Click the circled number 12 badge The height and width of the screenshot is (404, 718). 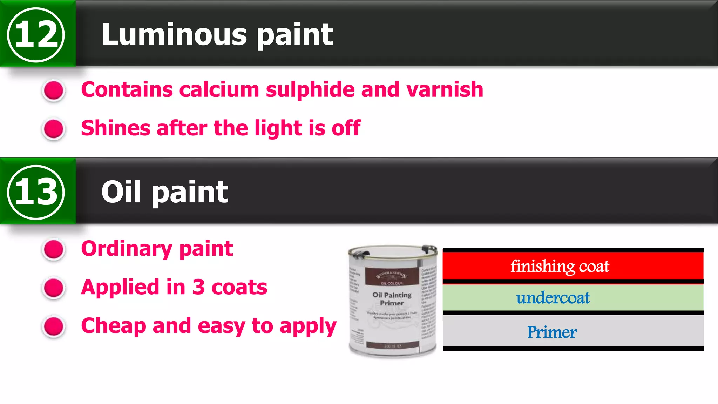[x=36, y=34]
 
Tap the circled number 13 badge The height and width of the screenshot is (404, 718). [x=36, y=192]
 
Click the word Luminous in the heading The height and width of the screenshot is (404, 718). [x=174, y=34]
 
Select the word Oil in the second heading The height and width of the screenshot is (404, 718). [x=121, y=192]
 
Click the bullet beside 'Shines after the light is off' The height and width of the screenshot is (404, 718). [x=54, y=129]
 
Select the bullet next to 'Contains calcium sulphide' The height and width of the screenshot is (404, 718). [x=54, y=90]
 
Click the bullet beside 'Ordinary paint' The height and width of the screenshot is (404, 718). [x=54, y=249]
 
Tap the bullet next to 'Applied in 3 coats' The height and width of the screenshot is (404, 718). [x=54, y=288]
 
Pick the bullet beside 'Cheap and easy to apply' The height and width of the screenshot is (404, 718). [x=54, y=326]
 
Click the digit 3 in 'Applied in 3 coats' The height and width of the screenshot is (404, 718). [x=198, y=287]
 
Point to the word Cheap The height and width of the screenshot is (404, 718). [x=113, y=326]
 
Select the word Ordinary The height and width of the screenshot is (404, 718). [x=127, y=249]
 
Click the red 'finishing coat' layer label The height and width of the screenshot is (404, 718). [x=560, y=266]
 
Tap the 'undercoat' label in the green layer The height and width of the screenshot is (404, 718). [x=553, y=298]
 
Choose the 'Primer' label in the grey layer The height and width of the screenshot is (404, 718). [x=552, y=332]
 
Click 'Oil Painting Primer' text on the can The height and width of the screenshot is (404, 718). [x=392, y=299]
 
